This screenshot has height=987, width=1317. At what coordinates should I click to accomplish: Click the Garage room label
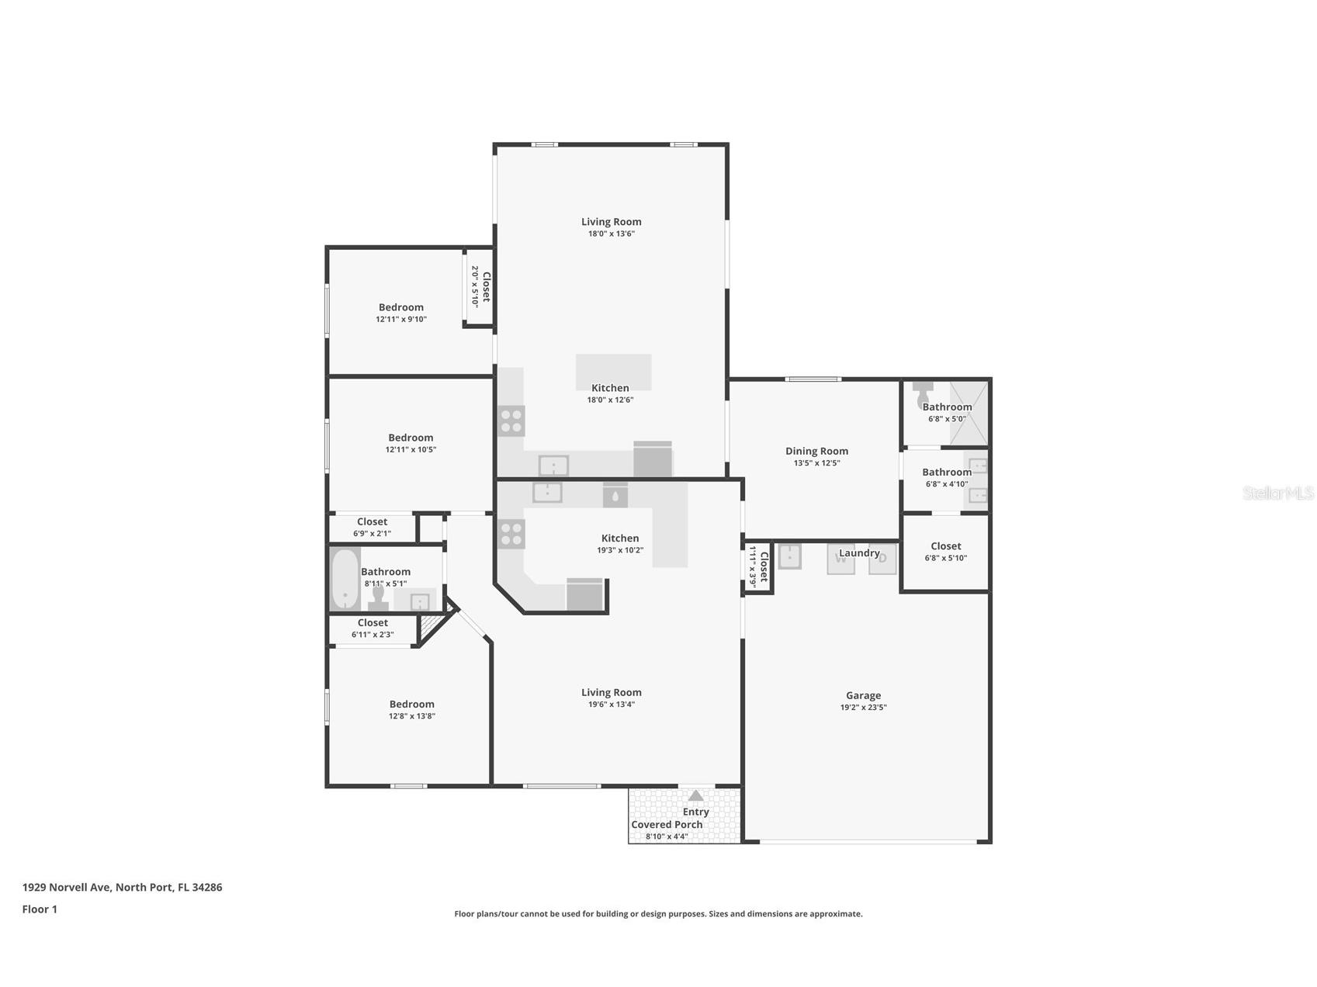click(x=863, y=695)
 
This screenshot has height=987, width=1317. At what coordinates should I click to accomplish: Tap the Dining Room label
click(x=816, y=451)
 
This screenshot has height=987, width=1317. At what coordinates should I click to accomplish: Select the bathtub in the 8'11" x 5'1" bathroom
click(x=345, y=579)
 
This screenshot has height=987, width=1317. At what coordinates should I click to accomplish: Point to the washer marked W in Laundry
click(x=840, y=559)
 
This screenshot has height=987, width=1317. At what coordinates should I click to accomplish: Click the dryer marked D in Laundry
click(x=882, y=559)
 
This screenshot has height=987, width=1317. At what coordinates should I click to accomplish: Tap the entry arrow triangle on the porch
click(x=696, y=795)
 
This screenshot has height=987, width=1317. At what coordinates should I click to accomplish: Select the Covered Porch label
click(x=667, y=824)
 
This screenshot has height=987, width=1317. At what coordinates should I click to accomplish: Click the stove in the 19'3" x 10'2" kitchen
click(x=511, y=534)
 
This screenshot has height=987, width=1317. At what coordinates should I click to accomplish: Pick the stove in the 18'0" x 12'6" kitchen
click(x=511, y=421)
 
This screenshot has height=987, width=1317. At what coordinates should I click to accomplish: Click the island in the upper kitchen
click(x=613, y=372)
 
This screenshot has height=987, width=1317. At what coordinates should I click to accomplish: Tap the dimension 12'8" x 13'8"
click(x=412, y=716)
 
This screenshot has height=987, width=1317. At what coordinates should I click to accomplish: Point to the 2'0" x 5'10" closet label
click(x=481, y=287)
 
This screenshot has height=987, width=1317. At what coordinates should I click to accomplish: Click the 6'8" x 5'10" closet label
click(x=945, y=546)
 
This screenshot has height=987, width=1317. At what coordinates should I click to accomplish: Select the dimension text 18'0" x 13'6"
click(x=612, y=234)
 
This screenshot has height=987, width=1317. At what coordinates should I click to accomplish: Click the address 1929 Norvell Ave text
click(x=122, y=887)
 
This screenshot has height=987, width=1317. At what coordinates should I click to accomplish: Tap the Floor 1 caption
click(x=40, y=909)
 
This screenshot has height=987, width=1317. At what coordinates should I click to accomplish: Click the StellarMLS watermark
click(x=1277, y=493)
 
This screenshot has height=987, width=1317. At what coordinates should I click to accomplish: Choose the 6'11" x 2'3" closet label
click(x=373, y=622)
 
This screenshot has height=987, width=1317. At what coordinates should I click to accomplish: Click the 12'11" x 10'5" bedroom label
click(x=411, y=438)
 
